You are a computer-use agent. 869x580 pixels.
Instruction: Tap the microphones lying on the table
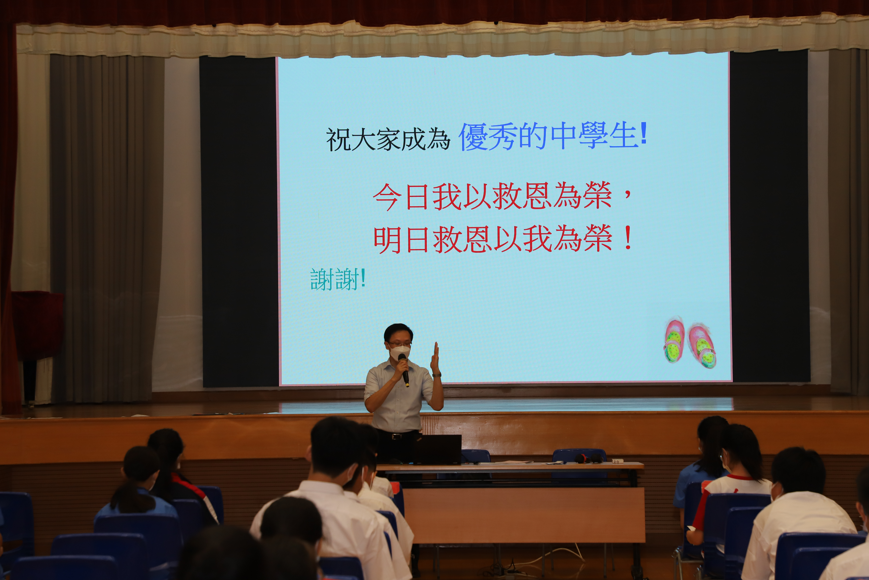(589, 459)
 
